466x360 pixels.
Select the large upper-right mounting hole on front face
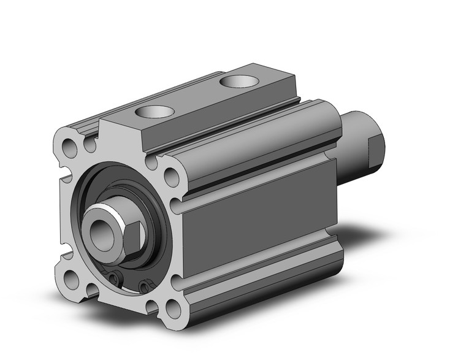172,177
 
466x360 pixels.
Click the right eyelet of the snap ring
144,286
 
